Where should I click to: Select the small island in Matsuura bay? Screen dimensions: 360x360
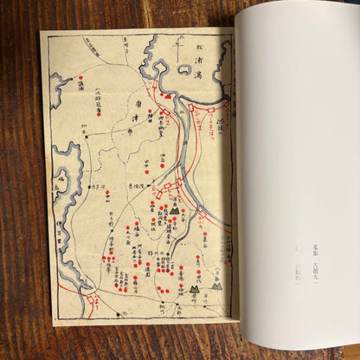pos(184,70)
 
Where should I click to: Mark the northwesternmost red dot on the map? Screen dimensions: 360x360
pos(80,79)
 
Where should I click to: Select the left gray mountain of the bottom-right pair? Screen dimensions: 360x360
pos(194,289)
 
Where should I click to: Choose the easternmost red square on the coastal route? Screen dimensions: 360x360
pos(227,105)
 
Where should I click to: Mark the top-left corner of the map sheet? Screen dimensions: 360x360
pos(41,33)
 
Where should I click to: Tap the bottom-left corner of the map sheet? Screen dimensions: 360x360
pos(54,325)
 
